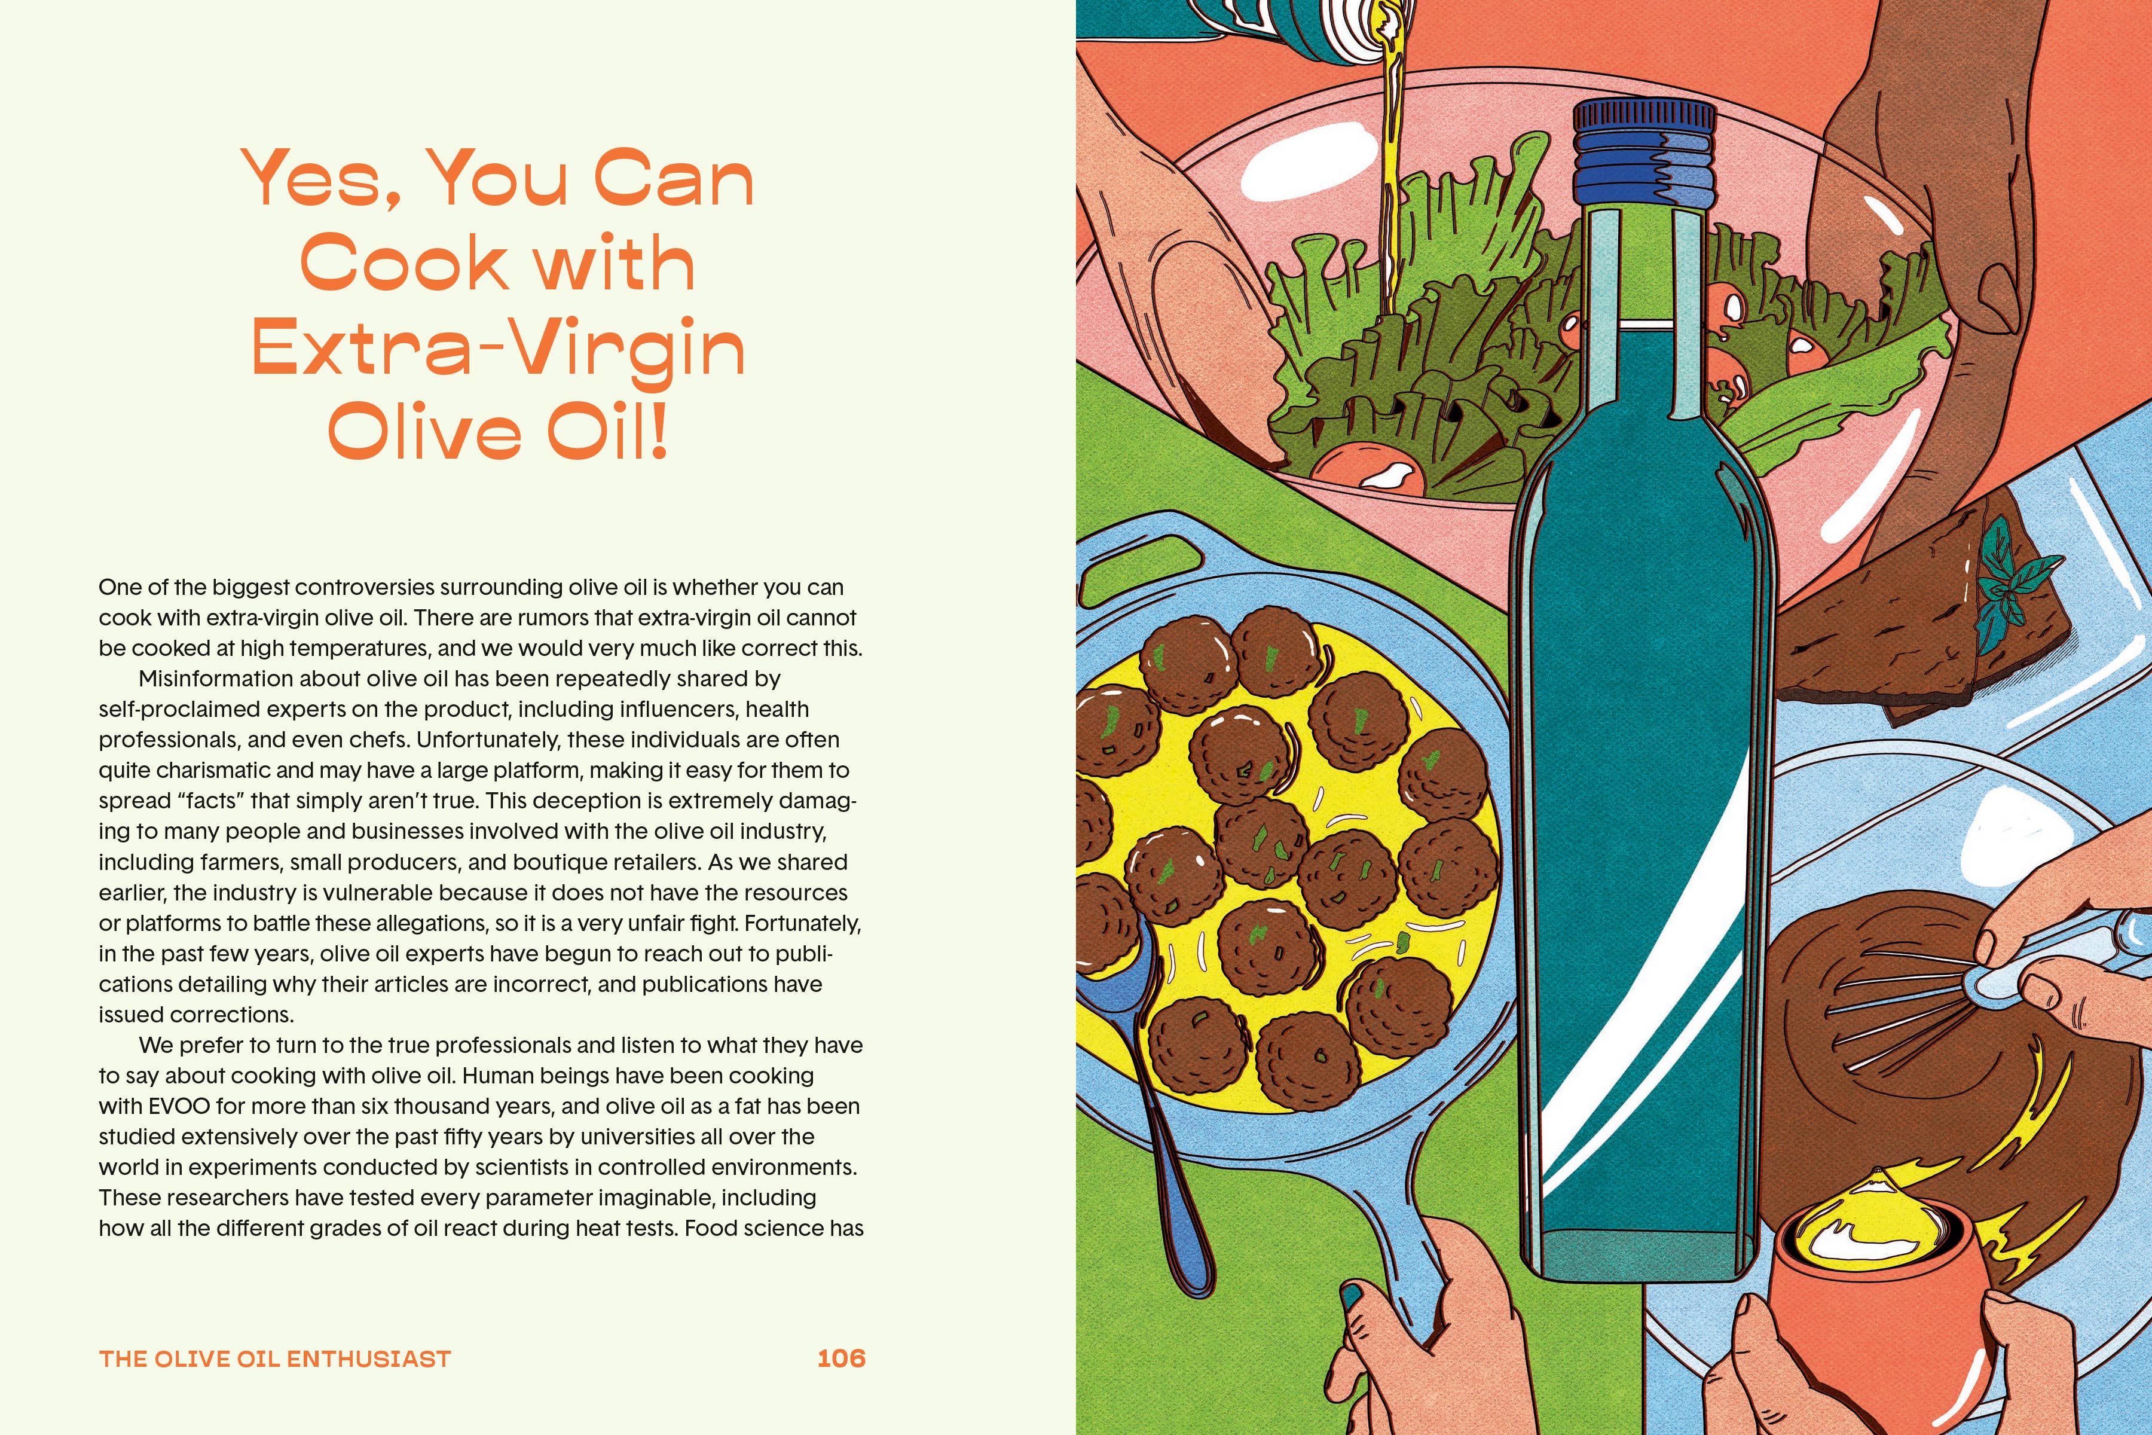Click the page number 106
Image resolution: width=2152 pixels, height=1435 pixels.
(841, 1358)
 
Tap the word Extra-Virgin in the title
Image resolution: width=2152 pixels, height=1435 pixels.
(499, 349)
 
